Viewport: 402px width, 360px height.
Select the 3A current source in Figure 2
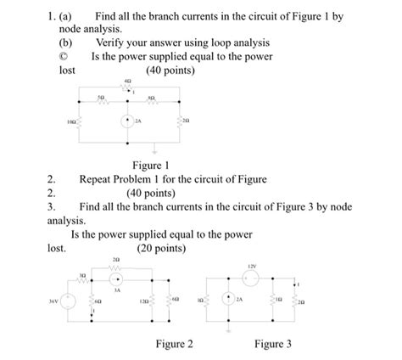point(118,279)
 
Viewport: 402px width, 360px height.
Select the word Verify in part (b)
point(113,42)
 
